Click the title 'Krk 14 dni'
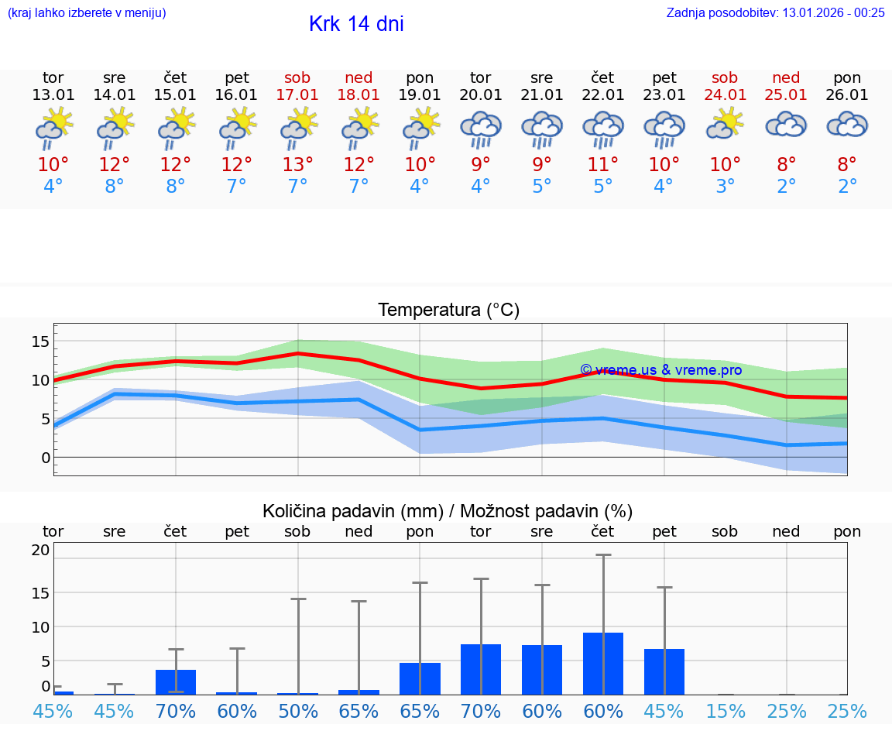point(356,24)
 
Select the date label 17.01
point(297,95)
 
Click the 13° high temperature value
point(297,165)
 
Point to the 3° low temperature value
point(726,187)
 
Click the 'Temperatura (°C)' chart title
point(448,311)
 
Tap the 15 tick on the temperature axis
point(40,341)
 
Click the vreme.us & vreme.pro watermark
point(660,370)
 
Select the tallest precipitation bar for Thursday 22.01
point(603,664)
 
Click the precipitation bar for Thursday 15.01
point(176,682)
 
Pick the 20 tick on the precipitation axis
point(40,550)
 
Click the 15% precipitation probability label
point(726,711)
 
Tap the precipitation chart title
point(448,511)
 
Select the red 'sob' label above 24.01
point(726,78)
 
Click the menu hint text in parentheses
point(86,12)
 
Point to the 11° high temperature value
point(603,165)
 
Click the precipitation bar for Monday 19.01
point(420,678)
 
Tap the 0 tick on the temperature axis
point(46,458)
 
